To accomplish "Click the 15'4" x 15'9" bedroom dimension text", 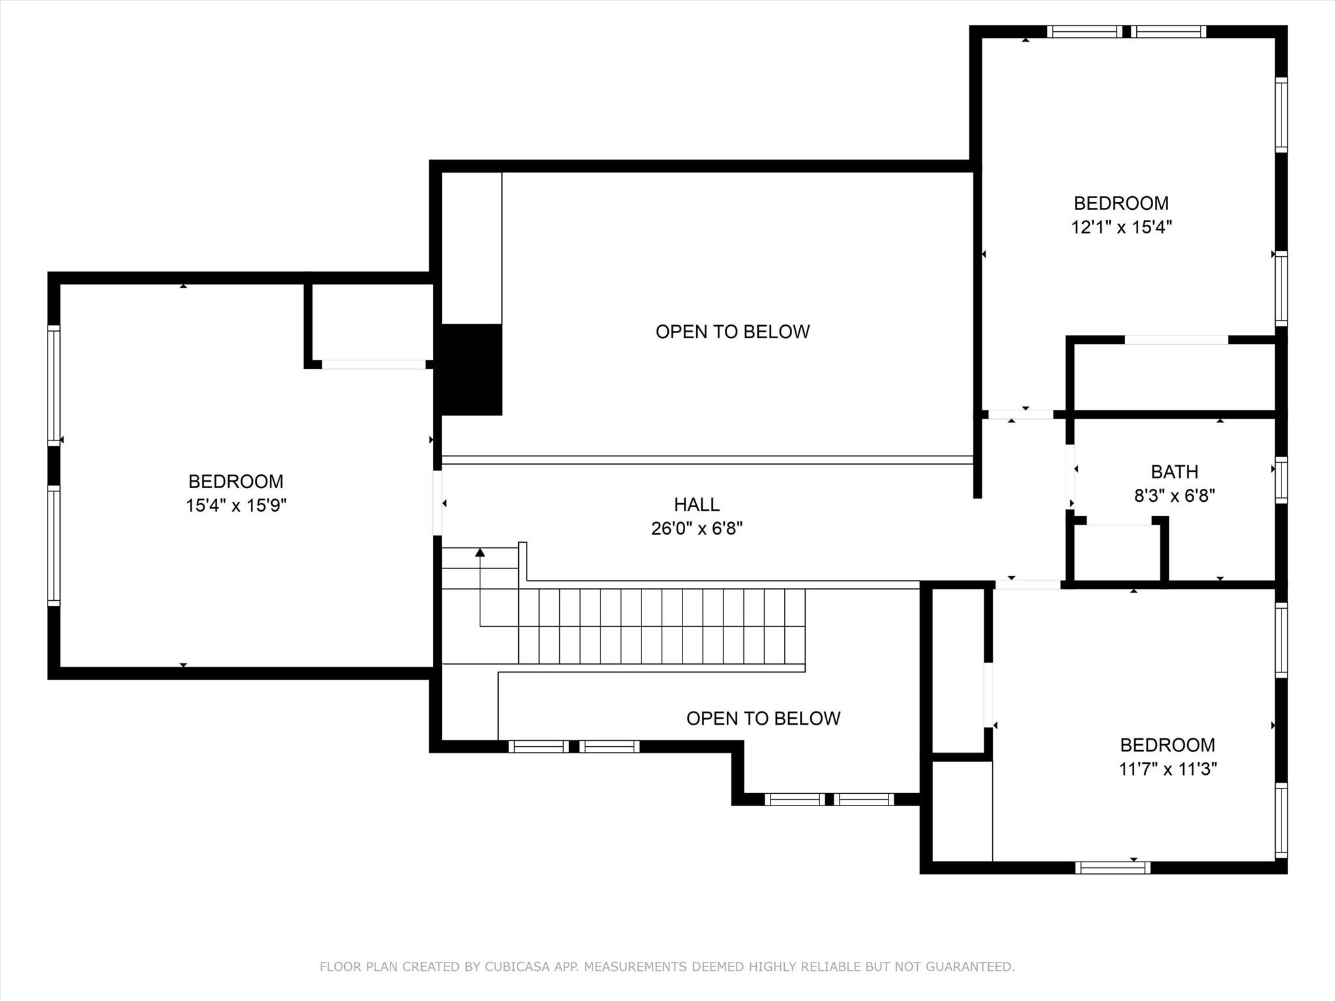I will (x=236, y=506).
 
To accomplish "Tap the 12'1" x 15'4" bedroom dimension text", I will (x=1121, y=227).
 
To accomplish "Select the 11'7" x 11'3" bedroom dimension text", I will (x=1167, y=769).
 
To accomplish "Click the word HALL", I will (x=696, y=504).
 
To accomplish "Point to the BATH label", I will (x=1174, y=472).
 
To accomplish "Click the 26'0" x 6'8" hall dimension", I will (x=696, y=529).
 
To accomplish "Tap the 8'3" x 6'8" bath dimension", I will (x=1174, y=496).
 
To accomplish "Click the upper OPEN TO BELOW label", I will (x=732, y=332).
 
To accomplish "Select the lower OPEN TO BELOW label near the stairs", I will (x=763, y=718).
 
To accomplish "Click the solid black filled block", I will (x=471, y=369).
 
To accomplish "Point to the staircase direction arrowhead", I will (x=480, y=553).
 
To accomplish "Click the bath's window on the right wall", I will (x=1281, y=480).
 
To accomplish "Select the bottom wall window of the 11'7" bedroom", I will (x=1112, y=867).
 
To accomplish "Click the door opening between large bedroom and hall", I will (x=437, y=502).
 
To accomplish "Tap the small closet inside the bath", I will (x=1117, y=552).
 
